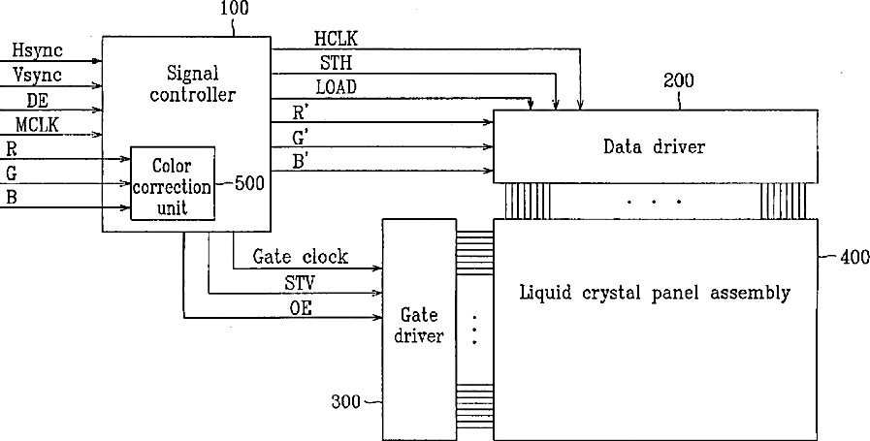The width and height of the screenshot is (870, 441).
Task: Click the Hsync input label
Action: click(35, 49)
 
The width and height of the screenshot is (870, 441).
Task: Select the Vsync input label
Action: click(36, 74)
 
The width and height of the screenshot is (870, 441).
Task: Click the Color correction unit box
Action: click(173, 184)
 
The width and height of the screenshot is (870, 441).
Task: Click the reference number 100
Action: click(234, 10)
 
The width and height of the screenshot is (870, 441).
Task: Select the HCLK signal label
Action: click(336, 40)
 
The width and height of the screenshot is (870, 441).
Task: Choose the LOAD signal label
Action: click(336, 87)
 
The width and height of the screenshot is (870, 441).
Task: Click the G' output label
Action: click(301, 137)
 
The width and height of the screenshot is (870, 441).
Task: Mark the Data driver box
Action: click(654, 147)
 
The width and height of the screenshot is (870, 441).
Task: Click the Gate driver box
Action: click(418, 327)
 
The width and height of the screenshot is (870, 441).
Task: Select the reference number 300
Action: click(347, 398)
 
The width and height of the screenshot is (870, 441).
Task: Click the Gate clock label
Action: click(300, 258)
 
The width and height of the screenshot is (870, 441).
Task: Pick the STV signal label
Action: click(300, 283)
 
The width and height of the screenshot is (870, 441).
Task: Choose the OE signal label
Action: click(301, 307)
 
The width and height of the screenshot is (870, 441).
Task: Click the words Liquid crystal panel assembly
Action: click(655, 293)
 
